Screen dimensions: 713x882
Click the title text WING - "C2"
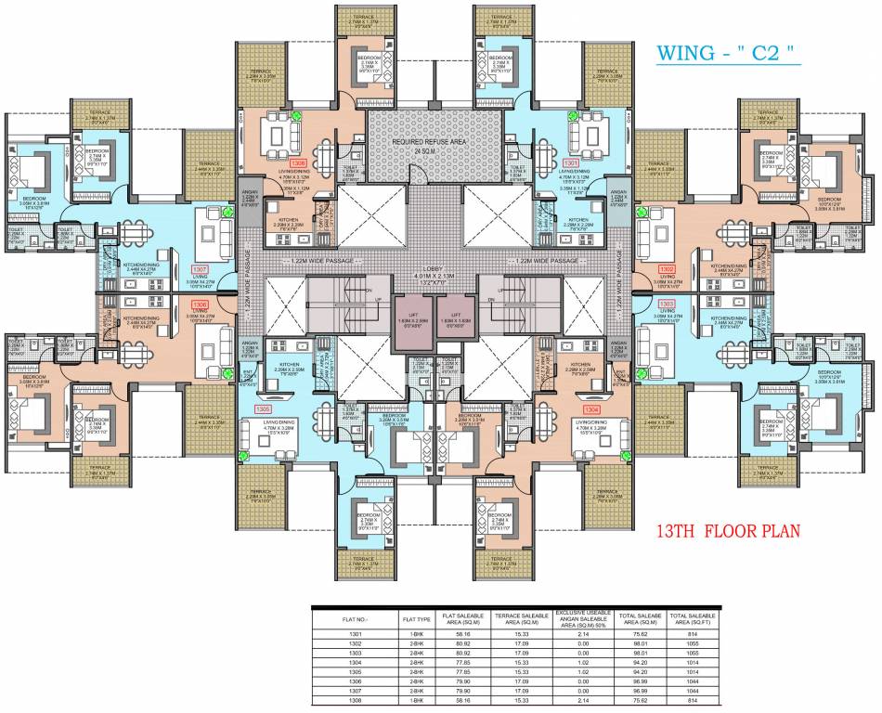pos(728,53)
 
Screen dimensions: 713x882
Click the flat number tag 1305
pos(264,408)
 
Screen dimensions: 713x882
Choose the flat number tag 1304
pos(590,408)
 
